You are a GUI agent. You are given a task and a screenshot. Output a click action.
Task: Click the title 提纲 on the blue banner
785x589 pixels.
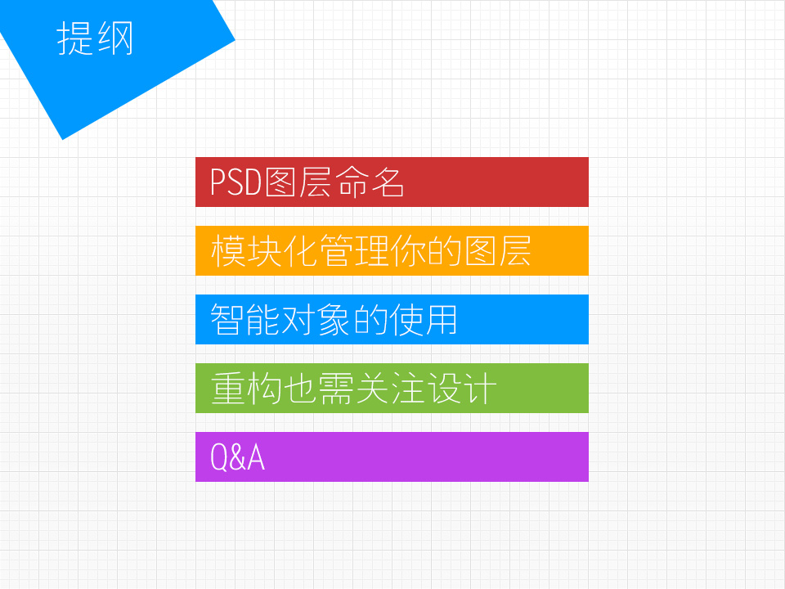pyautogui.click(x=95, y=38)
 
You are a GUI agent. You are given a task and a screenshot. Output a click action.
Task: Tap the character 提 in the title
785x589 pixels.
pyautogui.click(x=74, y=38)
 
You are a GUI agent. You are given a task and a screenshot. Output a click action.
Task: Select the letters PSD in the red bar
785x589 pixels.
pyautogui.click(x=235, y=182)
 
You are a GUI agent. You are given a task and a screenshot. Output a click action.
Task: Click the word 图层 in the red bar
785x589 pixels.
pyautogui.click(x=298, y=182)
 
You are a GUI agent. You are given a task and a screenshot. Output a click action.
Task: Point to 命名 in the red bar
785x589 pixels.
pyautogui.click(x=370, y=182)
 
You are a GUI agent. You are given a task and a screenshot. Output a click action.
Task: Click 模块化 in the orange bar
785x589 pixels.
pyautogui.click(x=263, y=250)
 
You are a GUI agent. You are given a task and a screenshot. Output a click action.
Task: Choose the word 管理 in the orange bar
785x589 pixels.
pyautogui.click(x=353, y=250)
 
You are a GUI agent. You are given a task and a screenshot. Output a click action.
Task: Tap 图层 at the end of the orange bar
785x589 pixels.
pyautogui.click(x=498, y=250)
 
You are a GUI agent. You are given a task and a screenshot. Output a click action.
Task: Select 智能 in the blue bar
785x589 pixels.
pyautogui.click(x=244, y=319)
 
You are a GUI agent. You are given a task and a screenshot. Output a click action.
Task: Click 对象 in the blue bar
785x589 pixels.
pyautogui.click(x=316, y=319)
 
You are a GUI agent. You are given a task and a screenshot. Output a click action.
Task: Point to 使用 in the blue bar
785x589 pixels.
pyautogui.click(x=423, y=319)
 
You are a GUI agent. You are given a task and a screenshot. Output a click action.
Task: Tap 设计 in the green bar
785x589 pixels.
pyautogui.click(x=462, y=388)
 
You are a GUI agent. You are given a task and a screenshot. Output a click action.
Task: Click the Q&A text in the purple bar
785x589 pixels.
pyautogui.click(x=237, y=457)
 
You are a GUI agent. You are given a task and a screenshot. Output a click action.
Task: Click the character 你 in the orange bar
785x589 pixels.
pyautogui.click(x=408, y=250)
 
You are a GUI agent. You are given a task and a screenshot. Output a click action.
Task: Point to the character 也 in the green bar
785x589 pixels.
pyautogui.click(x=299, y=388)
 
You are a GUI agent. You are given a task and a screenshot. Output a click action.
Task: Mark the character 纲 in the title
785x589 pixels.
pyautogui.click(x=115, y=38)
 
